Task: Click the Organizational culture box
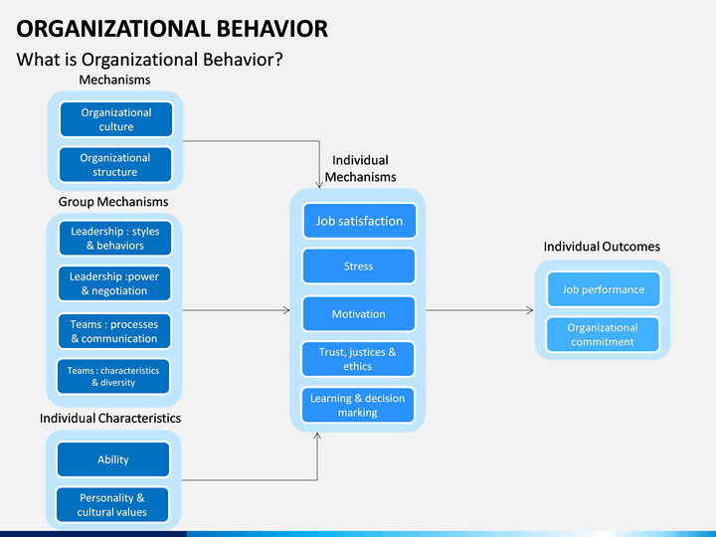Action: (116, 119)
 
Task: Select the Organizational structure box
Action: (115, 164)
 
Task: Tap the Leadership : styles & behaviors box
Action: (115, 238)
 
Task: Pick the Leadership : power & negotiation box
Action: (114, 283)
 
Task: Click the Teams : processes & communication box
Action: (114, 331)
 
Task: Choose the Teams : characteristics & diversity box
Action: (113, 376)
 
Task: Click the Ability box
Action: (113, 459)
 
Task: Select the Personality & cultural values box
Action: (112, 504)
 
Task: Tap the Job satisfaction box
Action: (359, 221)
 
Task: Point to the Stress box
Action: (358, 267)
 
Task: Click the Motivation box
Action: (358, 313)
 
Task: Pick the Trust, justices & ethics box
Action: (358, 359)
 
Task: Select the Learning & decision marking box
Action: (358, 405)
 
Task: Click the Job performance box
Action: (604, 289)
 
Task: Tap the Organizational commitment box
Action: (603, 335)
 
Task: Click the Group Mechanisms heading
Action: (113, 202)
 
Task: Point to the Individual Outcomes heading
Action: (602, 247)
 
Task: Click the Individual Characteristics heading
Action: (110, 419)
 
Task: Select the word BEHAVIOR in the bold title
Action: (272, 28)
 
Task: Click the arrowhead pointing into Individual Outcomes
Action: (530, 310)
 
